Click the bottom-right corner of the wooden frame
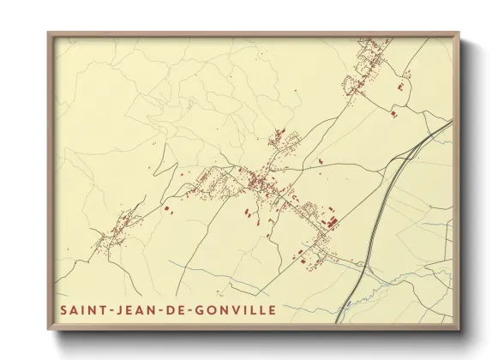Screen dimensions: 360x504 click(x=460, y=329)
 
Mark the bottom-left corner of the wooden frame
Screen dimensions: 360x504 click(x=49, y=329)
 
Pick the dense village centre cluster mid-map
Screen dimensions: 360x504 click(x=257, y=182)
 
